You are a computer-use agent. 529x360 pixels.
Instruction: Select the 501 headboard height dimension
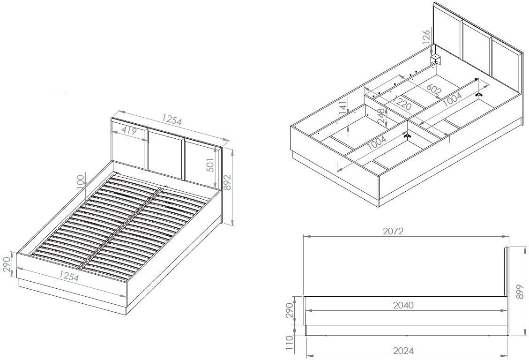pyautogui.click(x=210, y=165)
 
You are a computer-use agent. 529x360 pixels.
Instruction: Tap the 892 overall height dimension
pyautogui.click(x=228, y=182)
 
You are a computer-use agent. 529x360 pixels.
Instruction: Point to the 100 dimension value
pyautogui.click(x=80, y=183)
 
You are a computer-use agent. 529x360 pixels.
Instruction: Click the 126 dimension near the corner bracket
pyautogui.click(x=426, y=37)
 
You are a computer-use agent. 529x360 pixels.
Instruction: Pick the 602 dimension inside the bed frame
pyautogui.click(x=434, y=89)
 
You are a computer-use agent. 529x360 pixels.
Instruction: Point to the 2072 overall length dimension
pyautogui.click(x=393, y=231)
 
